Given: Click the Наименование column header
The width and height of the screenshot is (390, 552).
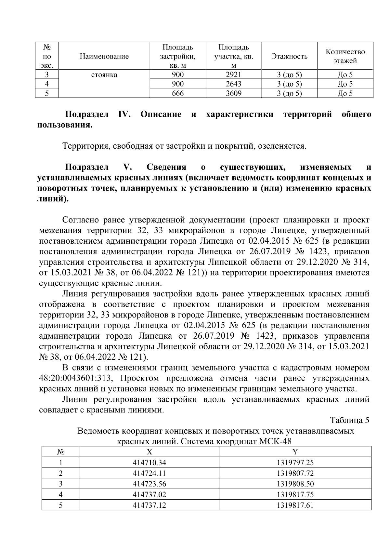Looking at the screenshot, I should point(104,56).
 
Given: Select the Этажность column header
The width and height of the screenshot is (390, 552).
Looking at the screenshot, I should point(289,56).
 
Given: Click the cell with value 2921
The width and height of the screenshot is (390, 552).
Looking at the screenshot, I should point(233,75).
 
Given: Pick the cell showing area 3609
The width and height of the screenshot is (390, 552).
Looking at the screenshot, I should point(233,94).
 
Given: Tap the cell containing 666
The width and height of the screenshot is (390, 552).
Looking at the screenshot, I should point(177,94).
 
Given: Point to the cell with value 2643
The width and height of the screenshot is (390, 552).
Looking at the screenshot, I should point(233,84).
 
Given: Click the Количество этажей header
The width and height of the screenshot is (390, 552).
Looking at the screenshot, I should point(345,56).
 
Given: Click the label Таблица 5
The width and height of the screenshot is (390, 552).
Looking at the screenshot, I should point(350,420).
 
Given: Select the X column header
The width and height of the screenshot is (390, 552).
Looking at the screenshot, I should point(149,452).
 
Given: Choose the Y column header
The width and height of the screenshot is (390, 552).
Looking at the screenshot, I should point(295,452).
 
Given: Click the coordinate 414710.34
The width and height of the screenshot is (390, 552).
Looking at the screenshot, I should point(149,463).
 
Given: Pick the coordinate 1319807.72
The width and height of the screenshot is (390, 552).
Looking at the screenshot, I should point(295,473).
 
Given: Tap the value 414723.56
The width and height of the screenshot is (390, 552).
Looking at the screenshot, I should point(149,484).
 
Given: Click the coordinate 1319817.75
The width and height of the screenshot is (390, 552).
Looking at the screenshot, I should point(295,495).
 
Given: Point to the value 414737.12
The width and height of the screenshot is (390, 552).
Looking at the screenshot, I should point(149,505).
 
